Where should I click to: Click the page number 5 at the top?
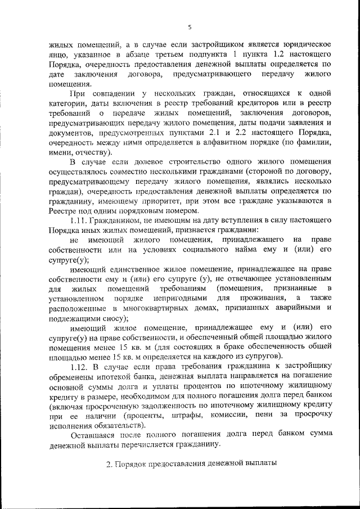click(190, 26)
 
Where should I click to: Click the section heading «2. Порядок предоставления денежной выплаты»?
click(191, 466)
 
